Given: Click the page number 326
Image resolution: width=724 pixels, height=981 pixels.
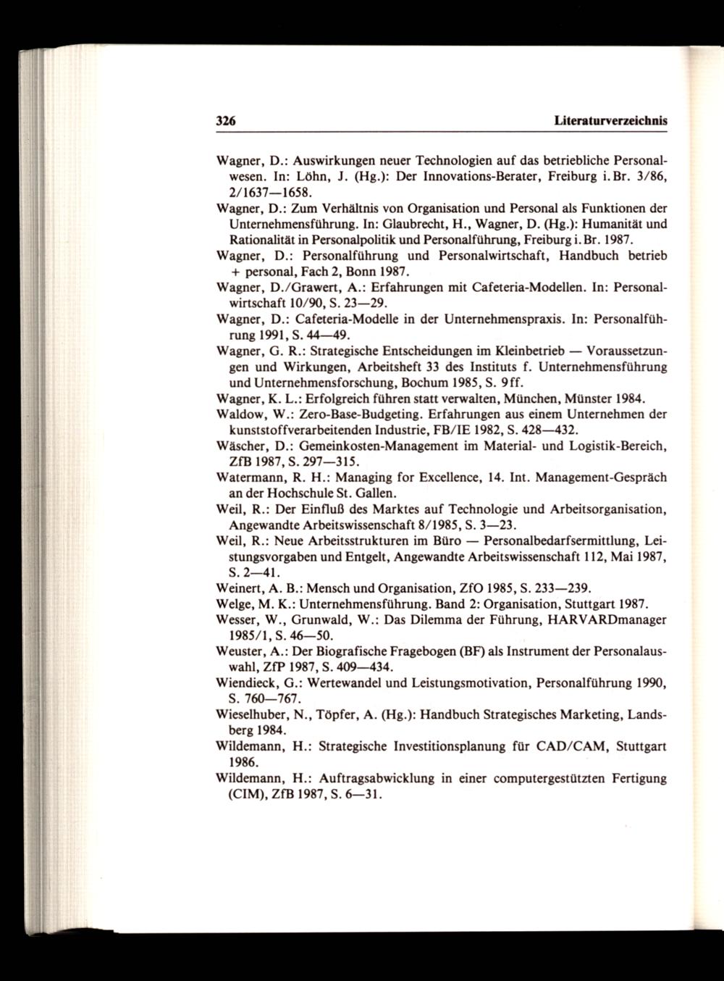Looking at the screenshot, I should [228, 121].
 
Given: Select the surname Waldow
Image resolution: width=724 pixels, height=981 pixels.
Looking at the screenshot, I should [238, 414].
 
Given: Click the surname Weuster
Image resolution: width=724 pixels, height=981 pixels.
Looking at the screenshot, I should [241, 651].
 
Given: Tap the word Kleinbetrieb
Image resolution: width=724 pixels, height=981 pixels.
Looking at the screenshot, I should [534, 351].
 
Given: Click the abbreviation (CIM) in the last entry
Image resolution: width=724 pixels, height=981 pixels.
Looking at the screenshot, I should [246, 794].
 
